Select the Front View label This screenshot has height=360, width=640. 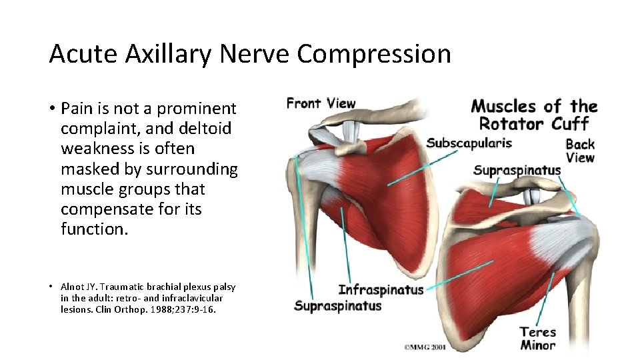[321, 103]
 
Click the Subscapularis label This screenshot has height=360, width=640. [469, 143]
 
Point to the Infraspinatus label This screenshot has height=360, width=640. [381, 290]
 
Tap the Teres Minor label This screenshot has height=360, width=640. [537, 338]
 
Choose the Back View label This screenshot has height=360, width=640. [579, 151]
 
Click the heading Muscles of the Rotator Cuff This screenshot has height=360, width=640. [534, 115]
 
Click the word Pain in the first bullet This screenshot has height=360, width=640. [74, 109]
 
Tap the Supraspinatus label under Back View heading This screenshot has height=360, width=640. [517, 171]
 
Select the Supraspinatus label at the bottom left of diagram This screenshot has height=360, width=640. [337, 306]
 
